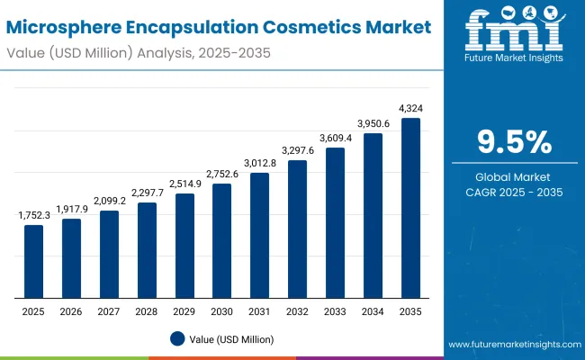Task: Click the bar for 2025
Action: pos(33,261)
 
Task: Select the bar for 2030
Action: pos(221,240)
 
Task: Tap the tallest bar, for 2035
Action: pos(410,208)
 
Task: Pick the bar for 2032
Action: pos(297,229)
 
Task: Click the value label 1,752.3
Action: pos(33,216)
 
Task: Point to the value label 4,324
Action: pos(410,109)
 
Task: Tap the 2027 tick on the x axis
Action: pos(109,310)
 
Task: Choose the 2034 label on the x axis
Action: pos(373,310)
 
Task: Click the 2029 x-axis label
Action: pos(184,310)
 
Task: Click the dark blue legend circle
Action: pos(177,338)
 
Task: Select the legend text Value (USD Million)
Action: pos(231,339)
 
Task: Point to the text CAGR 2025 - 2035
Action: pos(513,192)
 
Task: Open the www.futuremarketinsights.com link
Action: pos(511,345)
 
